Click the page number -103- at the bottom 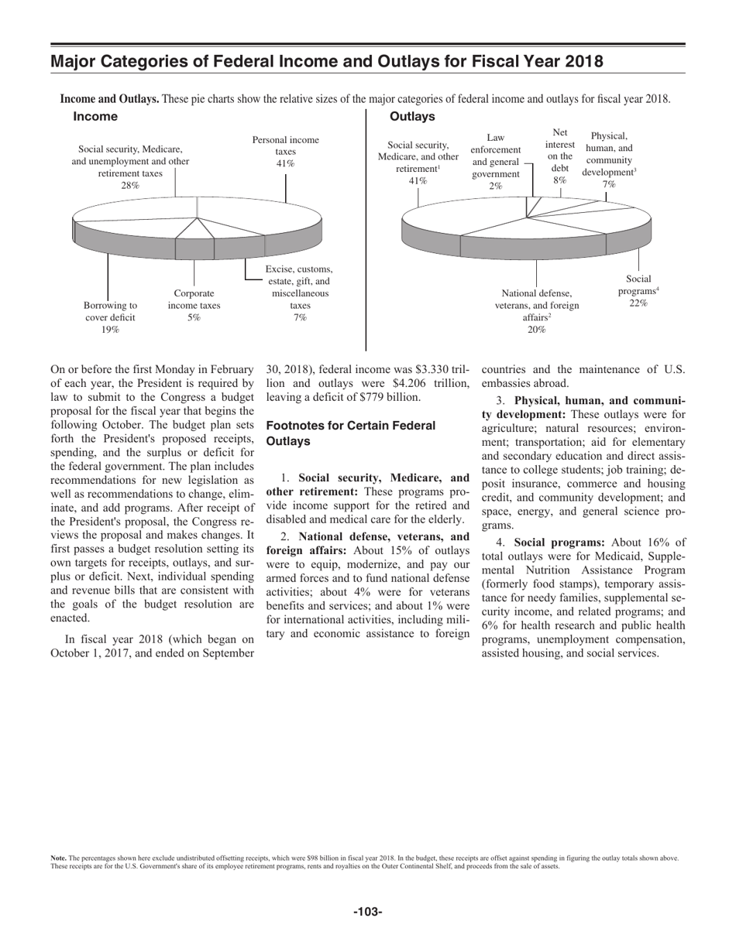pyautogui.click(x=368, y=912)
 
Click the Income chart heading pyautogui.click(x=95, y=116)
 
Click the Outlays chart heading pyautogui.click(x=412, y=116)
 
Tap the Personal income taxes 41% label pyautogui.click(x=285, y=152)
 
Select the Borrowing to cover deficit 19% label pyautogui.click(x=111, y=317)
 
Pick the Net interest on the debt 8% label pyautogui.click(x=560, y=156)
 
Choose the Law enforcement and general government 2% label pyautogui.click(x=495, y=162)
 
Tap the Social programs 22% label pyautogui.click(x=638, y=291)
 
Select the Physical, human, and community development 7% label pyautogui.click(x=609, y=160)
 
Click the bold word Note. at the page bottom pyautogui.click(x=58, y=858)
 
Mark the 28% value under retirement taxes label pyautogui.click(x=130, y=186)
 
